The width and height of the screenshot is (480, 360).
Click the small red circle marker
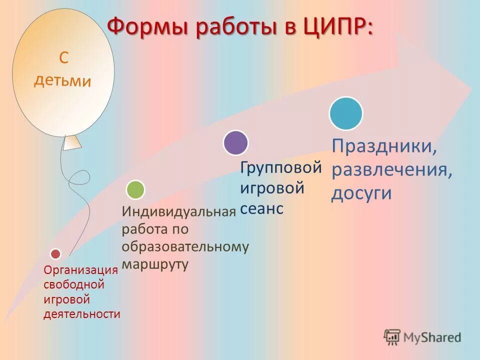pyautogui.click(x=55, y=254)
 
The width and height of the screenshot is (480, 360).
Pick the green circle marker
pyautogui.click(x=135, y=189)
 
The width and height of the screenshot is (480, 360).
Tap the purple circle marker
pyautogui.click(x=235, y=142)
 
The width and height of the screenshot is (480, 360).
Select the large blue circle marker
pyautogui.click(x=345, y=113)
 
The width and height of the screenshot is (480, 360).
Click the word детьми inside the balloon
pyautogui.click(x=62, y=81)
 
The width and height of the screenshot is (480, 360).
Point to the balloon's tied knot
pyautogui.click(x=72, y=142)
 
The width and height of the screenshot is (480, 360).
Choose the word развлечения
pyautogui.click(x=391, y=169)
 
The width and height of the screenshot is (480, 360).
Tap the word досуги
pyautogui.click(x=361, y=193)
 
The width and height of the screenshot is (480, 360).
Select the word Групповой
pyautogui.click(x=281, y=167)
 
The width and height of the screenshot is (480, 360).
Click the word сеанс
pyautogui.click(x=261, y=209)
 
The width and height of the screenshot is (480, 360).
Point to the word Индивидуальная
pyautogui.click(x=178, y=211)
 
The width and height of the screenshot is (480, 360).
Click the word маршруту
pyautogui.click(x=155, y=264)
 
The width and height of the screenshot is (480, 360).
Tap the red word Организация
pyautogui.click(x=80, y=270)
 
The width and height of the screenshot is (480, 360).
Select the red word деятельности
pyautogui.click(x=82, y=314)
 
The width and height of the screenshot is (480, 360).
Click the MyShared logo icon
pyautogui.click(x=392, y=337)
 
